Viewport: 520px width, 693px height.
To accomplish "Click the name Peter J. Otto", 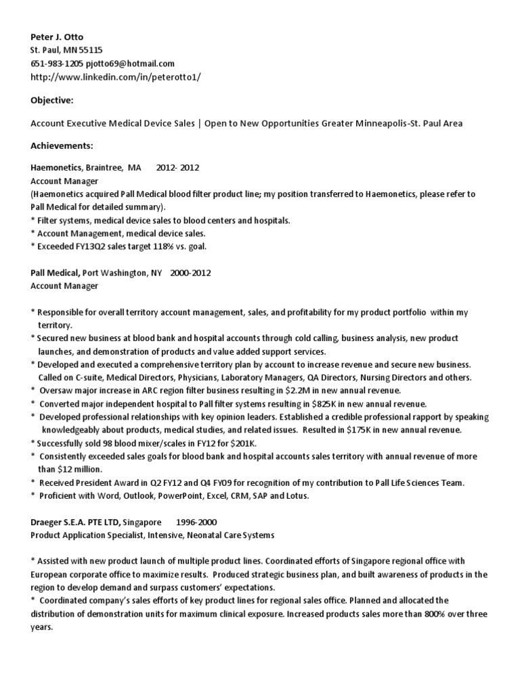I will (58, 36).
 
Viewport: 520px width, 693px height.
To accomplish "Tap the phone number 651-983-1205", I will (58, 63).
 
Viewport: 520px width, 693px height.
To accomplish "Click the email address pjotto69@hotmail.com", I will (131, 63).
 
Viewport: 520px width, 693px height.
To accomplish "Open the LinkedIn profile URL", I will (116, 76).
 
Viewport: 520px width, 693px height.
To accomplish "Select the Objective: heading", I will (52, 100).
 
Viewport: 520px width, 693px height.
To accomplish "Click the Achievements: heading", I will (62, 146).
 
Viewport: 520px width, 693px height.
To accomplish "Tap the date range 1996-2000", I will (196, 523).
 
